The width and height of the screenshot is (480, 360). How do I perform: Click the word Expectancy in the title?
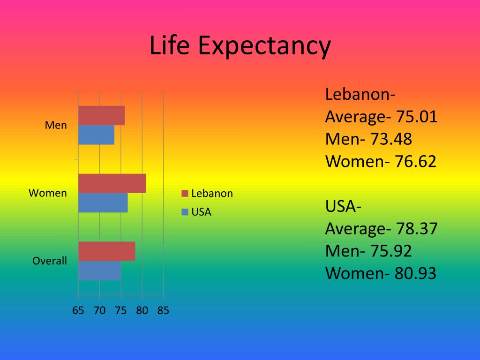click(264, 47)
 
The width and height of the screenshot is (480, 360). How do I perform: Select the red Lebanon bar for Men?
click(101, 116)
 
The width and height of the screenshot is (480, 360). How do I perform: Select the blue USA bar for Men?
click(96, 135)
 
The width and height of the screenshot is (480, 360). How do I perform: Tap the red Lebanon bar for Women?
click(112, 183)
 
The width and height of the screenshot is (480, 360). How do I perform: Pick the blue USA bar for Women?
click(103, 202)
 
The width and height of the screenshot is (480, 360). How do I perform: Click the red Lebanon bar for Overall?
click(106, 251)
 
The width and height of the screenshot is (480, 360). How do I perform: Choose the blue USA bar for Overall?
click(99, 270)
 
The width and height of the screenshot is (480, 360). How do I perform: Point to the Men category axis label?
click(56, 126)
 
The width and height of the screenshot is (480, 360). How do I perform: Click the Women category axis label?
click(48, 193)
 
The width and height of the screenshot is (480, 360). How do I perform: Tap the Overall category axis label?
click(50, 261)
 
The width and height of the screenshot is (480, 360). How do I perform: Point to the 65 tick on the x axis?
click(78, 310)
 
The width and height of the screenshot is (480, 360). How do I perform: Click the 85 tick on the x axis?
click(163, 310)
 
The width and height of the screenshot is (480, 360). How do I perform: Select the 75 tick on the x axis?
click(120, 310)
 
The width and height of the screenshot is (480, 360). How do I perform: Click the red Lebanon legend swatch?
click(185, 194)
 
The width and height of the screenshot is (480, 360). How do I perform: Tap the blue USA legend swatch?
click(185, 212)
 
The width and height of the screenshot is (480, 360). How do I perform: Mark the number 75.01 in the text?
click(416, 117)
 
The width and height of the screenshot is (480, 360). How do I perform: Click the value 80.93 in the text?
click(415, 273)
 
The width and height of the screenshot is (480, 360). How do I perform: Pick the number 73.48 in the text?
click(391, 139)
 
